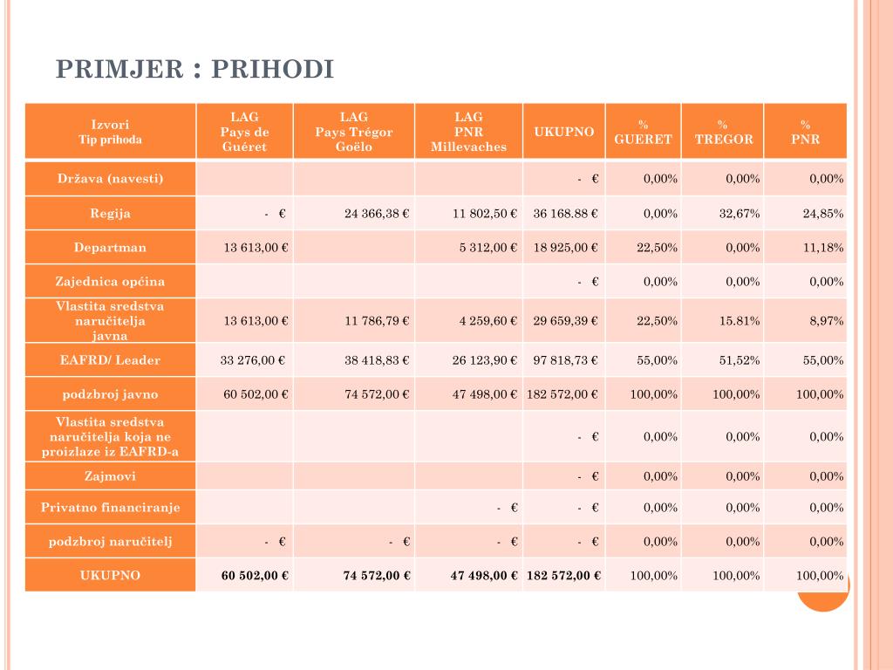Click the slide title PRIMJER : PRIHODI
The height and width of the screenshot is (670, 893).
click(195, 70)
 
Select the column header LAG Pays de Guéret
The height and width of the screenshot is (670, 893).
click(244, 132)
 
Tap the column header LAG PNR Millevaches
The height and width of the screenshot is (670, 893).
click(468, 132)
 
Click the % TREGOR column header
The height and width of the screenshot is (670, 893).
click(723, 132)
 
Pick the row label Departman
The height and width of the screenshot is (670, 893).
click(110, 248)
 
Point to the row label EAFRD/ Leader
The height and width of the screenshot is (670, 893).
click(110, 360)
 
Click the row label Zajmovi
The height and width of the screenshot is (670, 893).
click(110, 476)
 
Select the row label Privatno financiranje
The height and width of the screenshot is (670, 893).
click(110, 508)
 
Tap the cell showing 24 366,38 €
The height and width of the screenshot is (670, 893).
click(377, 214)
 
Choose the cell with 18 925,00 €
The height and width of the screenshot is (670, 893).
click(565, 248)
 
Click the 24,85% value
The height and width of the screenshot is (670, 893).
click(823, 214)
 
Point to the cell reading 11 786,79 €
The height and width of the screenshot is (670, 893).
click(377, 321)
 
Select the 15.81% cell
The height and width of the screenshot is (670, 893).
click(740, 321)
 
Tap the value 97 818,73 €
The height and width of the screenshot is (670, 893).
click(565, 360)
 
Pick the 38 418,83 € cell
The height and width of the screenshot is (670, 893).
click(377, 360)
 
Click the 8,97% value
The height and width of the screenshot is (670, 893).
click(826, 321)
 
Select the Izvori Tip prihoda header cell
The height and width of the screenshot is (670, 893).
click(110, 132)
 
